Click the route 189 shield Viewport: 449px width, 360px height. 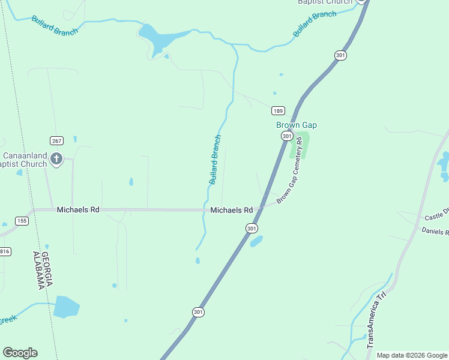[x=277, y=110]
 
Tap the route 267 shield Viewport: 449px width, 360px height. [x=56, y=141]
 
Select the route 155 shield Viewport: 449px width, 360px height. [x=22, y=221]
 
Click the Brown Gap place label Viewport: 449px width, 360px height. [x=296, y=125]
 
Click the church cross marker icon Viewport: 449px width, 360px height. [x=56, y=159]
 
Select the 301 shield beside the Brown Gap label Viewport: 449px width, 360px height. [x=287, y=136]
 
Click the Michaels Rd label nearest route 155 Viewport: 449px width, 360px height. [x=78, y=210]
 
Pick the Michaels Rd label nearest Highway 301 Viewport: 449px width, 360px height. [x=232, y=210]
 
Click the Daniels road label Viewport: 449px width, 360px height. [x=435, y=231]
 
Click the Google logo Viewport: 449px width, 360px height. [x=20, y=353]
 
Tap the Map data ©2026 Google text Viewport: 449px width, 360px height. [x=412, y=355]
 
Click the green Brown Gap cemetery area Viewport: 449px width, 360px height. [x=300, y=145]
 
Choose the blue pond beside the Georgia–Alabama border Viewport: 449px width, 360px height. [x=66, y=307]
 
